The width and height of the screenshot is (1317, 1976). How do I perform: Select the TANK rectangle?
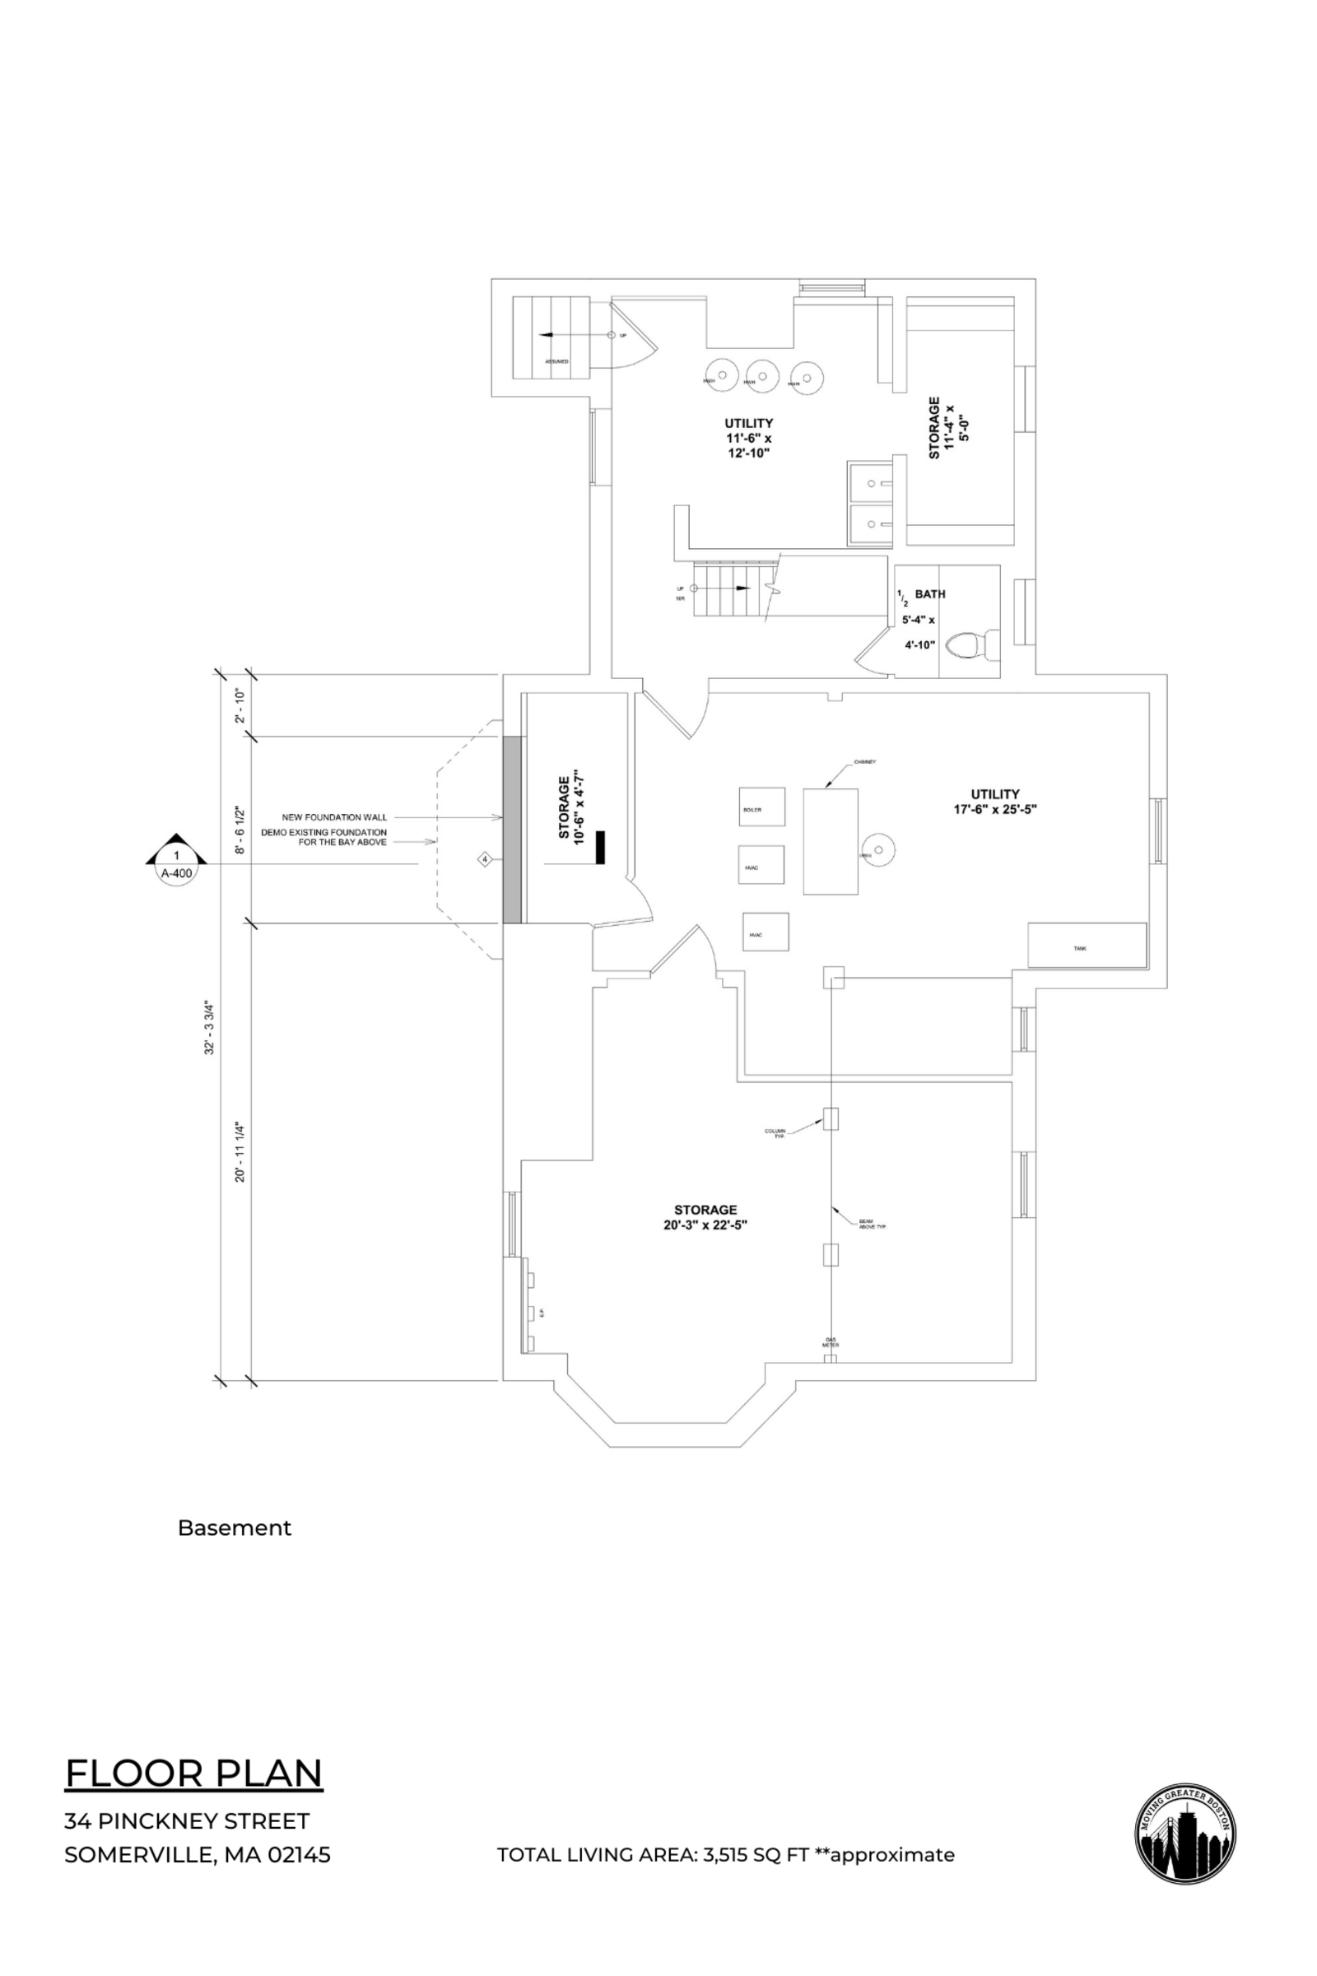[1087, 946]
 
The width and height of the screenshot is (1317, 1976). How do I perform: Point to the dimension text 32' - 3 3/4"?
[212, 1027]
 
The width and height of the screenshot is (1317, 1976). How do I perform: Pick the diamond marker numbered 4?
[485, 859]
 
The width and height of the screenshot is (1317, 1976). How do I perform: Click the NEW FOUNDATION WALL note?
[334, 817]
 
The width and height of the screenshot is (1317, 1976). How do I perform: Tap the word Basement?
[235, 1527]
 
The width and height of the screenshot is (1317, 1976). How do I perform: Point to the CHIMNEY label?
[865, 762]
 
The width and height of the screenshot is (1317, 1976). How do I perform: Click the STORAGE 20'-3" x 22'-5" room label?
[705, 1217]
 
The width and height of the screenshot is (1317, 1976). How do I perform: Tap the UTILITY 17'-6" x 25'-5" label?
[995, 801]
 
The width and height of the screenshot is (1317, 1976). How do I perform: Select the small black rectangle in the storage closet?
[601, 847]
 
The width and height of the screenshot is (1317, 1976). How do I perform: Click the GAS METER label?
[830, 1342]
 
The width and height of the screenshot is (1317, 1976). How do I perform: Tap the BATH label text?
[930, 593]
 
